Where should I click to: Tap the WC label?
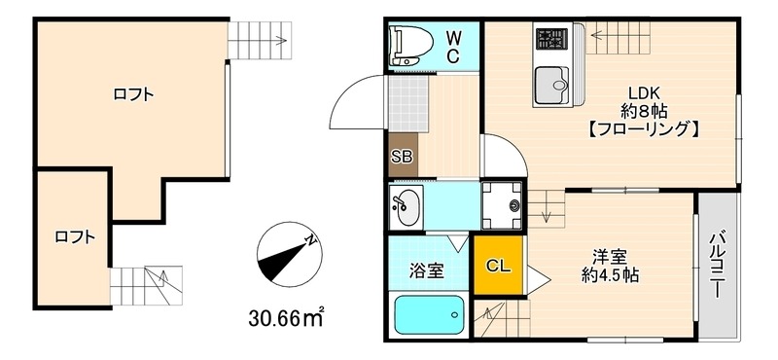coord(453,46)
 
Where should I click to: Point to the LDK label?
coord(643,93)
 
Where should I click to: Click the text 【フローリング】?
coord(643,127)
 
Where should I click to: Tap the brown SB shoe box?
coord(402,156)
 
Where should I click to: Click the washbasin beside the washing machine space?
coord(405,205)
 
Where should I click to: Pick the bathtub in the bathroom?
coord(428,315)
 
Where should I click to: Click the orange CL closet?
coord(497,266)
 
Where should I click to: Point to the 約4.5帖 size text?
coord(610,275)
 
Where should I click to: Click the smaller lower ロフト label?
coord(74,235)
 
